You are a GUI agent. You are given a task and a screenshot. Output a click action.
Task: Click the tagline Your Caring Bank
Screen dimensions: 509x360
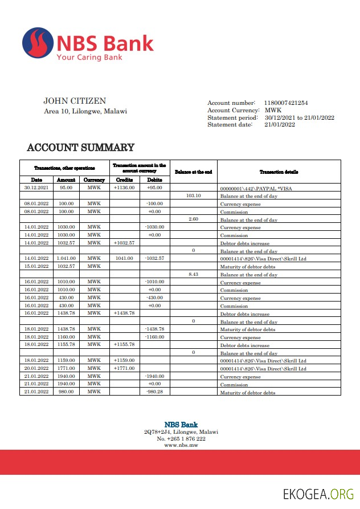89,57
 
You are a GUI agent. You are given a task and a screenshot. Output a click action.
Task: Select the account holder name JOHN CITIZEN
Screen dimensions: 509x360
75,101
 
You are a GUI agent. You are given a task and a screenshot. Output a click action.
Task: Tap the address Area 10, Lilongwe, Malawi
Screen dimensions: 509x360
85,111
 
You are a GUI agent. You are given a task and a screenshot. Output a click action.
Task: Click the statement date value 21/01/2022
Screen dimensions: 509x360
279,125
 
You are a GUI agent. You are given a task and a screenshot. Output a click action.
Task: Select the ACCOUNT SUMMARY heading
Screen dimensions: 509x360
80,148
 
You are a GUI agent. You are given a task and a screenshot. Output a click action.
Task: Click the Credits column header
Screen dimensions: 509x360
124,180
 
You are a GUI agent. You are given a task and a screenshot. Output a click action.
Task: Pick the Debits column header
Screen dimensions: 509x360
154,180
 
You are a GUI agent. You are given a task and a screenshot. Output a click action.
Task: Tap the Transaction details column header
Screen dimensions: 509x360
279,172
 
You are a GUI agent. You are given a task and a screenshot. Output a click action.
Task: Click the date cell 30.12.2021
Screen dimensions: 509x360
36,187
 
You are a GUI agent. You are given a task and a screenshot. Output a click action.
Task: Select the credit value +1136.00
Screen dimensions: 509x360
124,187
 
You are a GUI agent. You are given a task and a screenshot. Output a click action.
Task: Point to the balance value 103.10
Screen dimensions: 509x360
194,196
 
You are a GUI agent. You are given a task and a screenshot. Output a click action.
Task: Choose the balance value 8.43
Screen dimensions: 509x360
193,274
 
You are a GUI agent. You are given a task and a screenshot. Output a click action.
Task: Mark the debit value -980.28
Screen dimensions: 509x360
154,392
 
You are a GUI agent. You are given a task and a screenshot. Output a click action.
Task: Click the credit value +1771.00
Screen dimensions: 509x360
124,368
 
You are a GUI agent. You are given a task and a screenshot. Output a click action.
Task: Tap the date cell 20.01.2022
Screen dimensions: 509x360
36,368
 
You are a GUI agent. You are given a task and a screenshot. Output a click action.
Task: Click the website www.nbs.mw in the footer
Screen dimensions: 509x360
181,445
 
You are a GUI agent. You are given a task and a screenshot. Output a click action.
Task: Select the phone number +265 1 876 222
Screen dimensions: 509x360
181,438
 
